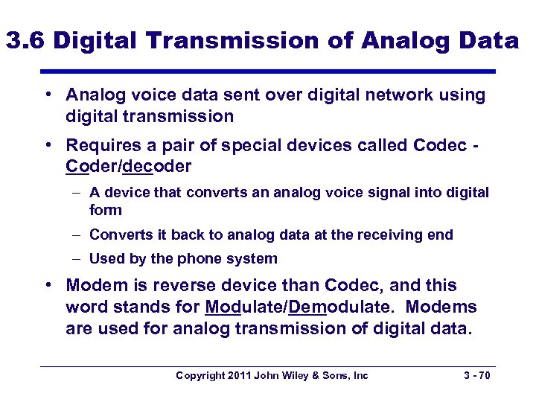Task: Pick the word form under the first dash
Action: (x=105, y=210)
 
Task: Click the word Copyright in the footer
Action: (x=200, y=376)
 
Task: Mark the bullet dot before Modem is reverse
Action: (x=47, y=286)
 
